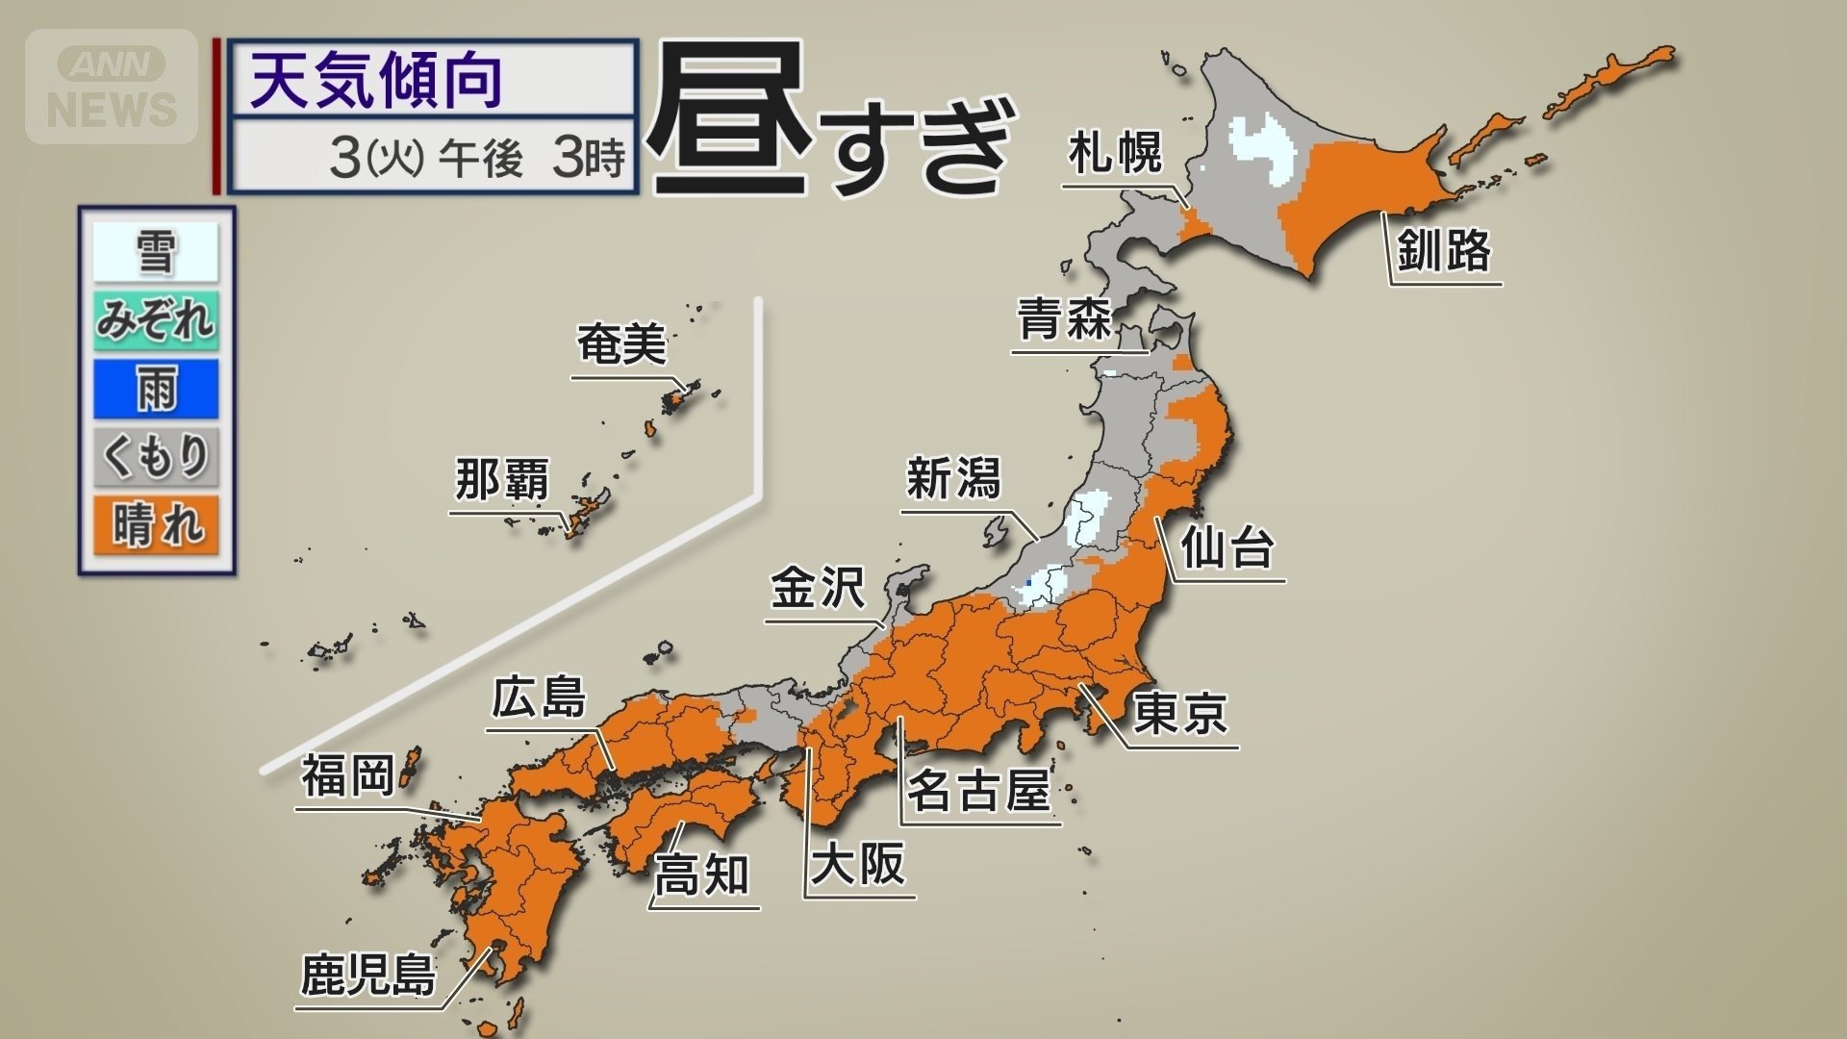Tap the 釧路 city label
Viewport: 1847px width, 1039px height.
click(x=1443, y=251)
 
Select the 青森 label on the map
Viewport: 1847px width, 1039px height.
click(x=1065, y=318)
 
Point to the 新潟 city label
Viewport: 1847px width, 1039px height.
click(x=953, y=478)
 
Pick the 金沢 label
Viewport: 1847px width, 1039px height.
click(x=818, y=588)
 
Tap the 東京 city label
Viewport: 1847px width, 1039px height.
click(x=1180, y=714)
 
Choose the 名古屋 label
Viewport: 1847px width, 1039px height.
click(x=978, y=792)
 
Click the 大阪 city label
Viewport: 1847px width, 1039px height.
click(x=858, y=864)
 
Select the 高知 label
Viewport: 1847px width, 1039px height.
click(x=701, y=875)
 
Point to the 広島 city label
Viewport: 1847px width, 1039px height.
click(x=539, y=697)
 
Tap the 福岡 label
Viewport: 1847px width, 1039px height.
click(x=348, y=775)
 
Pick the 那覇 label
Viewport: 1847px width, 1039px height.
click(x=501, y=479)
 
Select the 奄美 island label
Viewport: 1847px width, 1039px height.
click(x=621, y=344)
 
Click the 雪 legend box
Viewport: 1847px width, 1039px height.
click(x=156, y=252)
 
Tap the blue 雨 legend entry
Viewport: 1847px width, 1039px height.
click(x=156, y=389)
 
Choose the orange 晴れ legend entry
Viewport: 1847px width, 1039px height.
click(x=156, y=525)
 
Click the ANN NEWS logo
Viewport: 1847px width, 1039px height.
click(x=112, y=87)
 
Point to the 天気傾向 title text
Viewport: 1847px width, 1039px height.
click(x=376, y=81)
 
